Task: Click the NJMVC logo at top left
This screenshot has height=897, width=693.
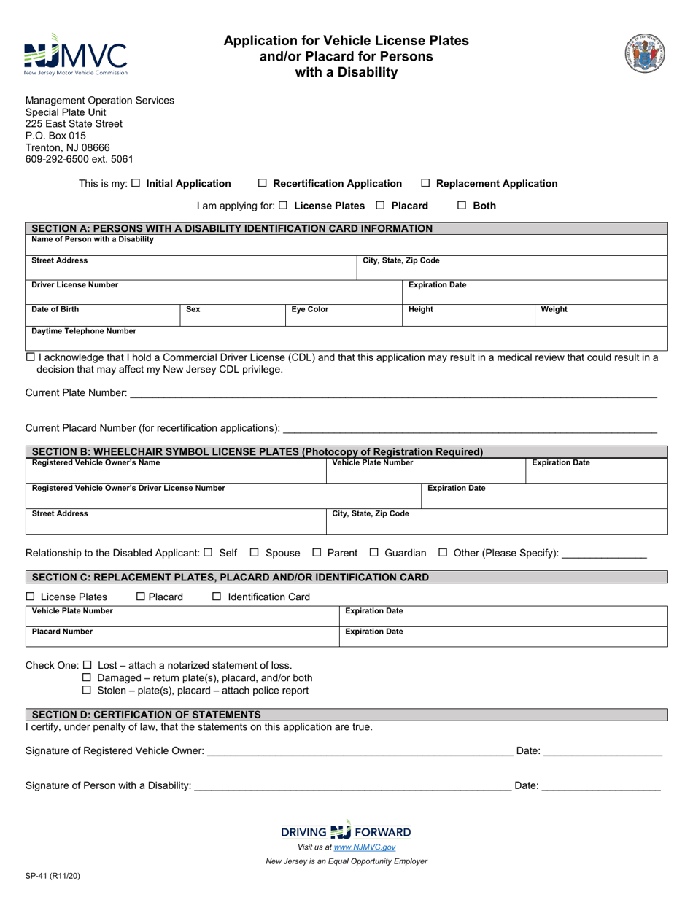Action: click(x=75, y=55)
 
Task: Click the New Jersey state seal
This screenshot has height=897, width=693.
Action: click(x=645, y=53)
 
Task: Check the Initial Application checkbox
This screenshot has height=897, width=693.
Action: click(x=136, y=184)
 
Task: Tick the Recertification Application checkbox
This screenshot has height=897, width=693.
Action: click(x=263, y=184)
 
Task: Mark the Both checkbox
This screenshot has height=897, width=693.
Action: click(x=462, y=206)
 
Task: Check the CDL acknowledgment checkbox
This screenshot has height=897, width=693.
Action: click(x=30, y=357)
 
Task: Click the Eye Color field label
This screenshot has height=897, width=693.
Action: click(x=310, y=309)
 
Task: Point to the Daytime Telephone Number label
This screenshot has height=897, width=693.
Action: click(x=84, y=331)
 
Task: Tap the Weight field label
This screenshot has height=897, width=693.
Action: click(x=554, y=309)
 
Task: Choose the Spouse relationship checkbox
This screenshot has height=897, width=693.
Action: click(x=255, y=553)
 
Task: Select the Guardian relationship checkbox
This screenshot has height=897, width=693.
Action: click(x=374, y=553)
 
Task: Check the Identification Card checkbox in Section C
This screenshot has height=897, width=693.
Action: click(x=216, y=597)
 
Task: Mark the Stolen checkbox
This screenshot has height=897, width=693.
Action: click(x=87, y=690)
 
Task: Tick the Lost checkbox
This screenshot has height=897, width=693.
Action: click(x=87, y=665)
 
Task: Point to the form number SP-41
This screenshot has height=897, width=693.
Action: click(x=53, y=877)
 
